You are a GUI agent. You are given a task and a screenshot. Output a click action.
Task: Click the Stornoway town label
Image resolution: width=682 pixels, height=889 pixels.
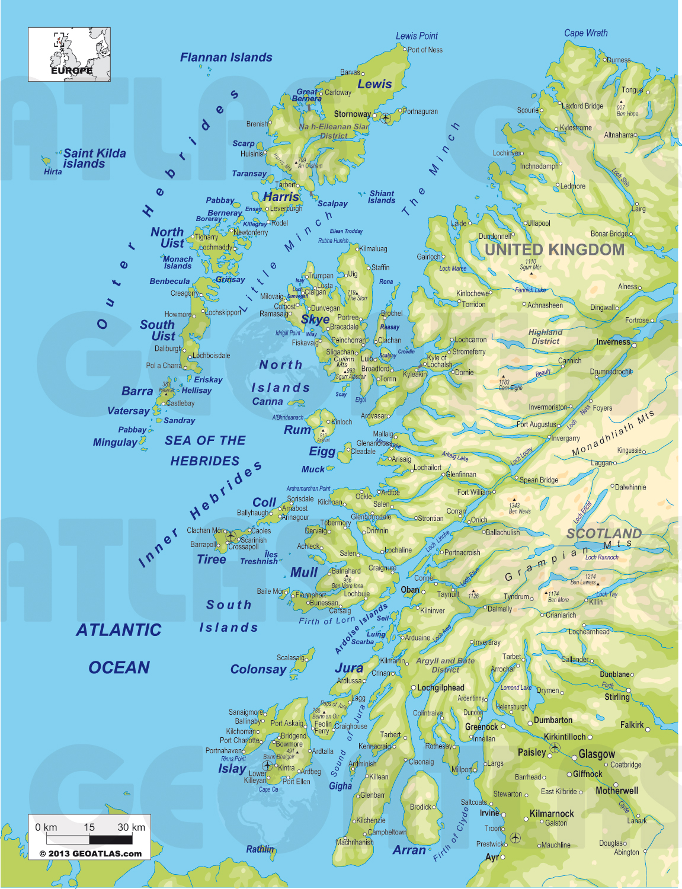point(353,114)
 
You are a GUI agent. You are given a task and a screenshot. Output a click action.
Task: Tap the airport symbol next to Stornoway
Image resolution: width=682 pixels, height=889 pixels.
point(386,117)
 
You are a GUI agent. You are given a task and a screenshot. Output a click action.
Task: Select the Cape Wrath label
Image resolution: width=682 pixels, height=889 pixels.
point(585,33)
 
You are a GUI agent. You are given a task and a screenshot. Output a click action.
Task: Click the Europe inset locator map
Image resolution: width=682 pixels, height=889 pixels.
point(69,55)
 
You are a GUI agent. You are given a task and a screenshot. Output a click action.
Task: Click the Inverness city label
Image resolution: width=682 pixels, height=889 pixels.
point(613,342)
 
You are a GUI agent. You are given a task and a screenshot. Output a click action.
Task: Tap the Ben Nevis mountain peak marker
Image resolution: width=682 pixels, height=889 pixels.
point(514,499)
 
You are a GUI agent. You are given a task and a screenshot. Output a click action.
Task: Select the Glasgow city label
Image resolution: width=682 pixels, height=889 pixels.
point(597,754)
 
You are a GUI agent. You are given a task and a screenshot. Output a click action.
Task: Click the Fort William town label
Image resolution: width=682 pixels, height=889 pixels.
point(473,492)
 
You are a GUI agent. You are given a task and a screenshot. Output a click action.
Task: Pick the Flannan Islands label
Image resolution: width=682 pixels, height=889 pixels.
point(226,57)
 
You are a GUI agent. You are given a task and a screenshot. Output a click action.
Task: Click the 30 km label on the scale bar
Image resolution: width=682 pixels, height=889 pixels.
point(131,827)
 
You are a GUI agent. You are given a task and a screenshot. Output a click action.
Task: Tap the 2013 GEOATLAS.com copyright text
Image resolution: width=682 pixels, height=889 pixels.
point(91,853)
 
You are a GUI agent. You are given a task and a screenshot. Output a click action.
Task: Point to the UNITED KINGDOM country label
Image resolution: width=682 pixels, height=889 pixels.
point(555,250)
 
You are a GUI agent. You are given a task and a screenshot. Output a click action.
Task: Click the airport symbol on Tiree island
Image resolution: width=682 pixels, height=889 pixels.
point(230,536)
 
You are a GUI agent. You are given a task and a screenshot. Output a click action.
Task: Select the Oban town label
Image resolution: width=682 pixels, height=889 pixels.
point(410,590)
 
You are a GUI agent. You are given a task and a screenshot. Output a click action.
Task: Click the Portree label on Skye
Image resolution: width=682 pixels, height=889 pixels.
point(348,317)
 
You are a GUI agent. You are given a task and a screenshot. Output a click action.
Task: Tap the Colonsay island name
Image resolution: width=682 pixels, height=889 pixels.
point(258,669)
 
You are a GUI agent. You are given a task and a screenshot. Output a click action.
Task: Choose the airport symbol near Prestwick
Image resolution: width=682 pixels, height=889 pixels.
point(515,837)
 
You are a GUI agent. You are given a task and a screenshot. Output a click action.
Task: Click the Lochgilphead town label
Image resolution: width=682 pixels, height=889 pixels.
point(440,687)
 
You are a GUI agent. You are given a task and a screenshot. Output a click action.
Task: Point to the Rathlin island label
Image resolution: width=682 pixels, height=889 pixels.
point(260,849)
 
